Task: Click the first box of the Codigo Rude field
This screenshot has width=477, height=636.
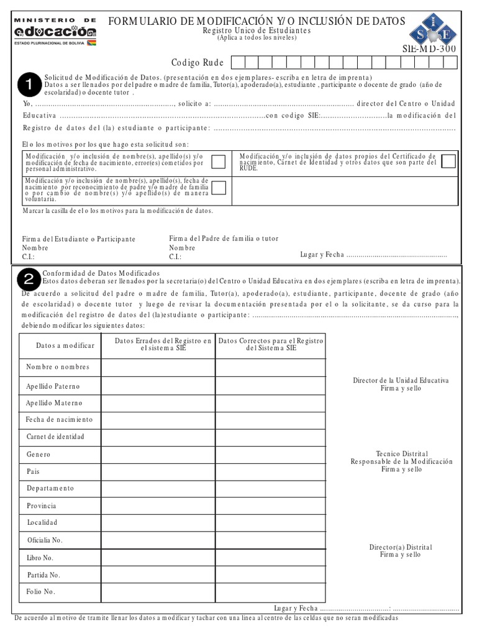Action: [237, 62]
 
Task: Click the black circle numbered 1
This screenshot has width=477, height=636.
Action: [27, 83]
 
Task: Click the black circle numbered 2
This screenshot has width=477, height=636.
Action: [27, 281]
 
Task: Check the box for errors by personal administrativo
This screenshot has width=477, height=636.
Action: [219, 162]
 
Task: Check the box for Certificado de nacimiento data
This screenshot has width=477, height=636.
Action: [448, 161]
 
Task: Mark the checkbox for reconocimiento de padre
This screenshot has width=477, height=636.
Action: [219, 188]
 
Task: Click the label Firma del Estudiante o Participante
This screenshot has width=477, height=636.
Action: [79, 239]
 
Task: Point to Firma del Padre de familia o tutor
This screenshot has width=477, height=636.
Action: [224, 238]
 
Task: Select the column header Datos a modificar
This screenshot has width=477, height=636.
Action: [60, 345]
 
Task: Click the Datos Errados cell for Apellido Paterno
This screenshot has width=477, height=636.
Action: [158, 386]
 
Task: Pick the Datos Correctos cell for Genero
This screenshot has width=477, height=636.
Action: [270, 455]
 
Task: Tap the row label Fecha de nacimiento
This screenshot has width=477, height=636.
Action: [59, 420]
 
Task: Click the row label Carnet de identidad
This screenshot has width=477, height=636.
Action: [55, 437]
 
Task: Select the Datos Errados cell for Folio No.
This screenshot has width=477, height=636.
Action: [158, 592]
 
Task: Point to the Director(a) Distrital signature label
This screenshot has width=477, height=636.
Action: [401, 551]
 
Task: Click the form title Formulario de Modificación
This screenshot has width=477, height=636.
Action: [257, 22]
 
